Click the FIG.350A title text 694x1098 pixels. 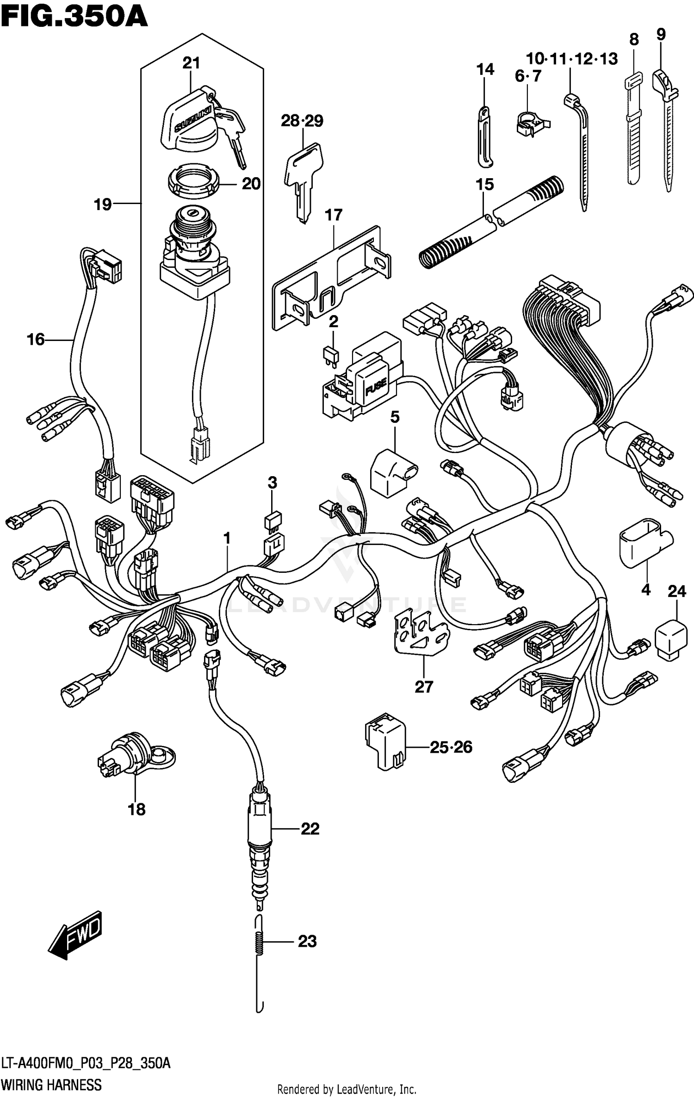[x=74, y=18]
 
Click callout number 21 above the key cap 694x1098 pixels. [x=191, y=63]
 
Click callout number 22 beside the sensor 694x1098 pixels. [x=310, y=829]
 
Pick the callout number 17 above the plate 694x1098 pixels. [x=334, y=215]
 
